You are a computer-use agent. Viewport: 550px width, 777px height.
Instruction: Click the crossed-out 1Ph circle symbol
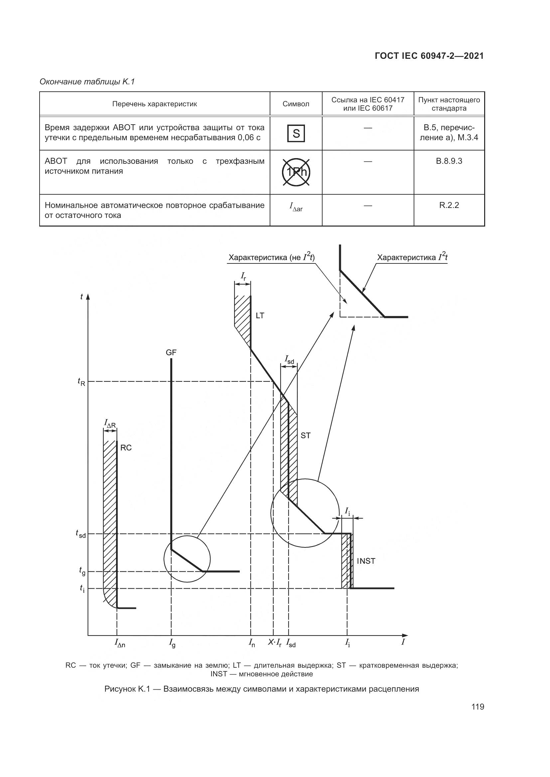(x=296, y=172)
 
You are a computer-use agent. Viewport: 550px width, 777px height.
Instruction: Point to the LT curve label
(x=260, y=316)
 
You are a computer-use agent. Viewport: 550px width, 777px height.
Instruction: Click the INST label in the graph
(x=366, y=561)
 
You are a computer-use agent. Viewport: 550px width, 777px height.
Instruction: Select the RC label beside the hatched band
(x=126, y=448)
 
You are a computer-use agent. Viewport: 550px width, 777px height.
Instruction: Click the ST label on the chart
(x=305, y=436)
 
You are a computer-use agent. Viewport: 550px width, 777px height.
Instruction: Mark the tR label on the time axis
(x=81, y=382)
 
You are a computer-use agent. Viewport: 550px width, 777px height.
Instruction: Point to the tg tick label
(x=82, y=571)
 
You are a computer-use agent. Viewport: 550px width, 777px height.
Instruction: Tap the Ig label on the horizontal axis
(x=172, y=643)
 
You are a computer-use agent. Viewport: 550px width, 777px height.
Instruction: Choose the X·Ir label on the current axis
(x=275, y=643)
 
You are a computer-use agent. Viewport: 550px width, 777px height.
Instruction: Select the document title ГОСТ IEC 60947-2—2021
(x=429, y=56)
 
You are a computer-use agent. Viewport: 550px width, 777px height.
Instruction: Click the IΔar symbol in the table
(x=296, y=207)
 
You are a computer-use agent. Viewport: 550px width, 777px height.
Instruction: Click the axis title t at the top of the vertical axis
(x=81, y=297)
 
